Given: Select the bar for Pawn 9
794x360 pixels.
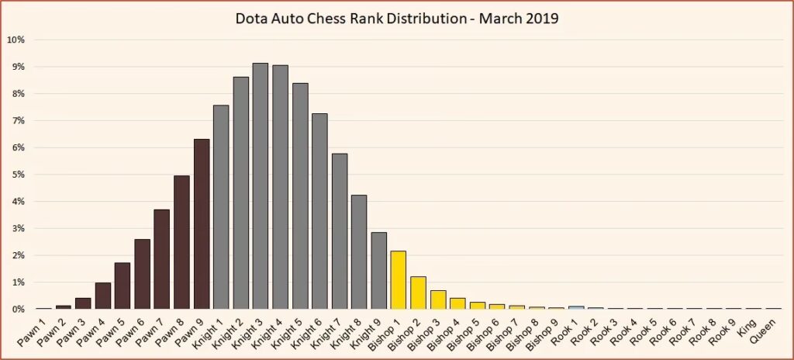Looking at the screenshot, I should click(202, 224).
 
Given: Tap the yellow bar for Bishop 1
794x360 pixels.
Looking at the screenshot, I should click(399, 280).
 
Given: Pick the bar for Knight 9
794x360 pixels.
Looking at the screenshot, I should click(379, 271).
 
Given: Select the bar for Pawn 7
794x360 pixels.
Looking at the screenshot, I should click(162, 259).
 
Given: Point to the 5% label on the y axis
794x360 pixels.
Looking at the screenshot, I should click(18, 175).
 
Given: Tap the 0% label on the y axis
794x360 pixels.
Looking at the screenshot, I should click(18, 310).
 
